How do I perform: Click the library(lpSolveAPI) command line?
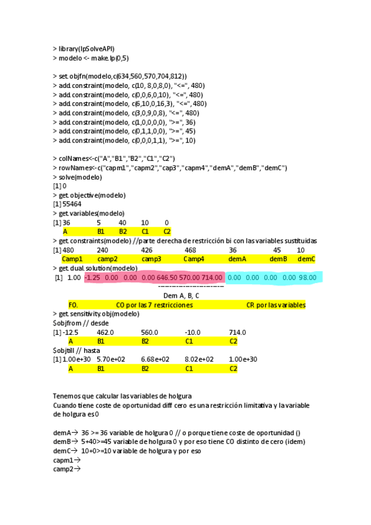[x=84, y=48]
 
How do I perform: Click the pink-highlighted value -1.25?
[x=92, y=277]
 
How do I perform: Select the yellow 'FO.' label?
[x=73, y=305]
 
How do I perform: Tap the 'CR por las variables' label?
[x=276, y=305]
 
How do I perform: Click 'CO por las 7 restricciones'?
[x=150, y=305]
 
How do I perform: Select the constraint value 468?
[x=191, y=250]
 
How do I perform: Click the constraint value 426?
[x=147, y=250]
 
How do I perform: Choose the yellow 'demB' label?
[x=276, y=259]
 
